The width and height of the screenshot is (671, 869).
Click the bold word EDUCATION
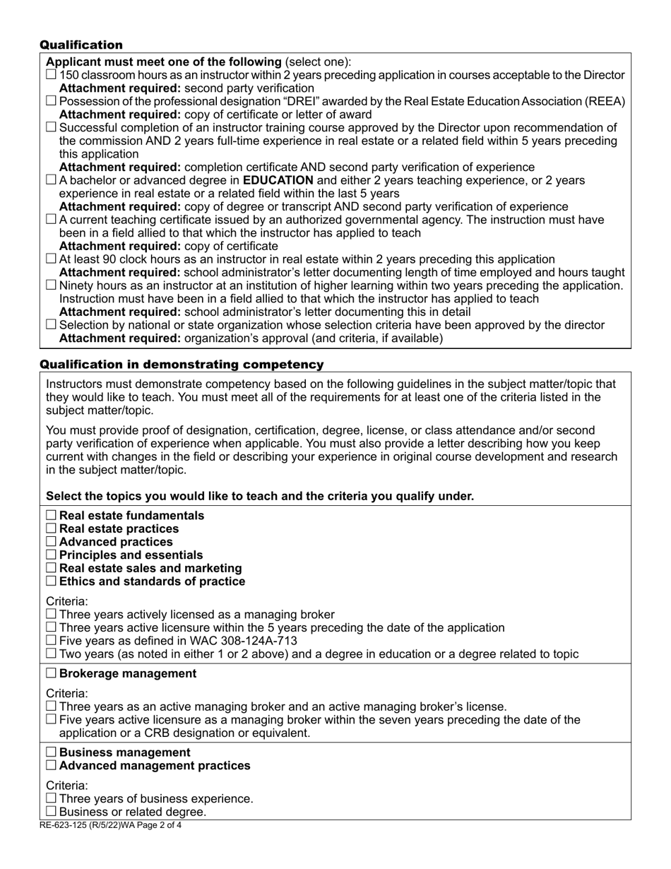pyautogui.click(x=278, y=180)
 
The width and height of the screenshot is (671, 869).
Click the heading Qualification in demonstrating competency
pyautogui.click(x=182, y=365)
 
